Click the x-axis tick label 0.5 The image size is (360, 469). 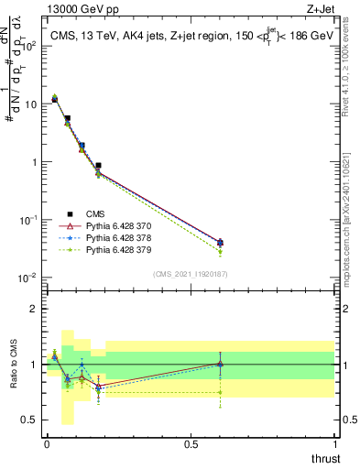[191, 444]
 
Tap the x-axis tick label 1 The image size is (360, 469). [334, 444]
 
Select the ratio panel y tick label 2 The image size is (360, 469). [37, 309]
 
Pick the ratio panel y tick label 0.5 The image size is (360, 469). [32, 420]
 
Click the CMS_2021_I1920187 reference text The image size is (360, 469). [191, 274]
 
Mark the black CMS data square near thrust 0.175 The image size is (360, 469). [98, 166]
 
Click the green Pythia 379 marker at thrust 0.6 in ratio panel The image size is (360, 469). [219, 392]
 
